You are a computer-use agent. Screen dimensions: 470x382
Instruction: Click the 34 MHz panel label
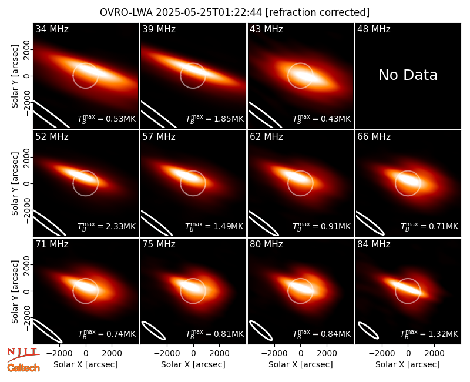click(x=52, y=29)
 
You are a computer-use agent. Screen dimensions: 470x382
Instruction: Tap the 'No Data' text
click(x=408, y=75)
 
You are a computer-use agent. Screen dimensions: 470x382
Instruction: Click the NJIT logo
click(x=23, y=354)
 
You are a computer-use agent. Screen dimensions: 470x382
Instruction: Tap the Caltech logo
click(x=23, y=368)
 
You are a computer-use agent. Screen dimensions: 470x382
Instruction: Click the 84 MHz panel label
click(x=374, y=244)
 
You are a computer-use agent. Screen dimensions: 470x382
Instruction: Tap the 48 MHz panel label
click(x=374, y=29)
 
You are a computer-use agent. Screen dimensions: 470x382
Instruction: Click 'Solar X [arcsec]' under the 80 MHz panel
click(x=301, y=364)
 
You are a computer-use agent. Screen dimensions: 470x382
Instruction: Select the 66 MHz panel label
click(x=374, y=137)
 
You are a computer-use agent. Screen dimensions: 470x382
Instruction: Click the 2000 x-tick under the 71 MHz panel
click(x=112, y=353)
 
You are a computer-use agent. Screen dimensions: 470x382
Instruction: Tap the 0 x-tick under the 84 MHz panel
click(x=408, y=353)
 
